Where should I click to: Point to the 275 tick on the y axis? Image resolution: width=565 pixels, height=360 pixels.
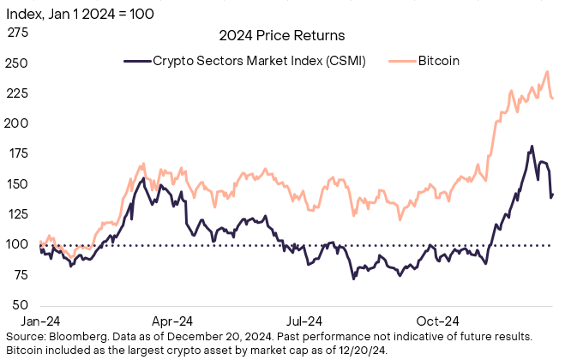(18, 33)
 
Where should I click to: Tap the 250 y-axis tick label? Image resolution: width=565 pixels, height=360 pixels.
(18, 63)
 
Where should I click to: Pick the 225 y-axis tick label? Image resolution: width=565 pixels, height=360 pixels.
(18, 93)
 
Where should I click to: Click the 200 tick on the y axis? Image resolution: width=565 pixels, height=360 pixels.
(18, 123)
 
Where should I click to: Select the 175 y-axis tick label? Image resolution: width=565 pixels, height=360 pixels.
(18, 154)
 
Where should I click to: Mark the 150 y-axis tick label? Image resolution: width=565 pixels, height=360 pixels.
(18, 184)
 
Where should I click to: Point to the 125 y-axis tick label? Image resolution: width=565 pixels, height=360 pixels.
(18, 214)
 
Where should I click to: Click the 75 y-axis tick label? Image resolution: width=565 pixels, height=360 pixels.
(18, 275)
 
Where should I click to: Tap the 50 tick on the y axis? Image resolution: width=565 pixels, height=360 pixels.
(18, 305)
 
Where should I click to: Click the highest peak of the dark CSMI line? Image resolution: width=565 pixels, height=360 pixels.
(532, 147)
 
